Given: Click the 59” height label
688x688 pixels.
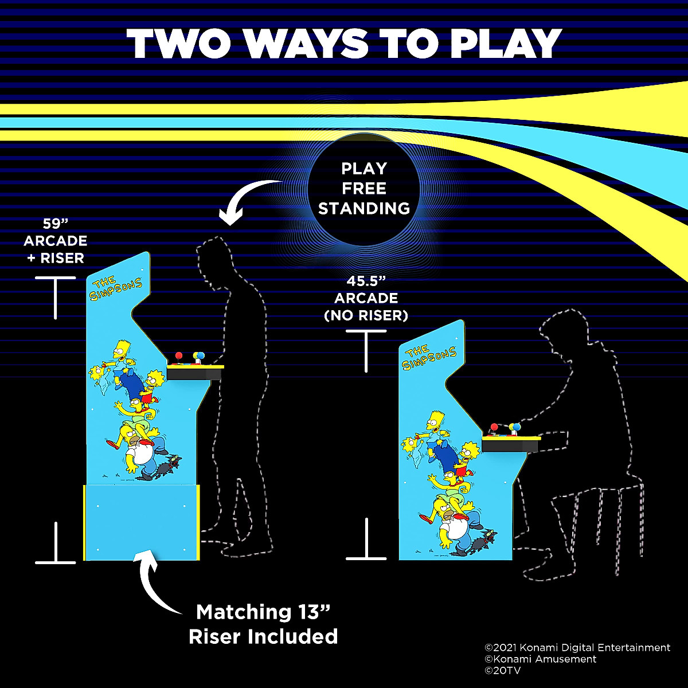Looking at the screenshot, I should point(55,224).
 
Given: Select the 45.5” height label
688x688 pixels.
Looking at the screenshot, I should point(365,282).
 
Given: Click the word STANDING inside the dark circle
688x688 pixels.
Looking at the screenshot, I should point(364,209).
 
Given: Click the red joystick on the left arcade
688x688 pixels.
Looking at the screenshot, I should point(178,355).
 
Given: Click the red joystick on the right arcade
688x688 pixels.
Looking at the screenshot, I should point(494,428).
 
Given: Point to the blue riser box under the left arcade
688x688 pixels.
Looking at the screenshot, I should point(142,522).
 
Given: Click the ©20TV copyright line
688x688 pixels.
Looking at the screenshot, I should point(503,670).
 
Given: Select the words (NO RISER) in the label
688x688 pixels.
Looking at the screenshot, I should point(366,315).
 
